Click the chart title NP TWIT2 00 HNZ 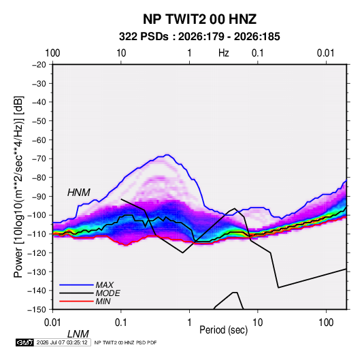click(199, 19)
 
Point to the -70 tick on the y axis click(39, 159)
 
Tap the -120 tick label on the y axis click(37, 253)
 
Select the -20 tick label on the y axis click(39, 65)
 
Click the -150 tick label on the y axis click(37, 310)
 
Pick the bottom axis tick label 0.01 click(52, 323)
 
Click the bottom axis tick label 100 click(326, 323)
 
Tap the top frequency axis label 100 click(52, 53)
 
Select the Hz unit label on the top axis click(224, 53)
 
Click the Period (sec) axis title click(224, 330)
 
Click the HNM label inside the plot click(79, 193)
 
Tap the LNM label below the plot click(78, 334)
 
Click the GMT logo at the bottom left click(25, 342)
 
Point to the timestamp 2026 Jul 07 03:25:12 click(62, 342)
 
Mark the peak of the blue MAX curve click(167, 154)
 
